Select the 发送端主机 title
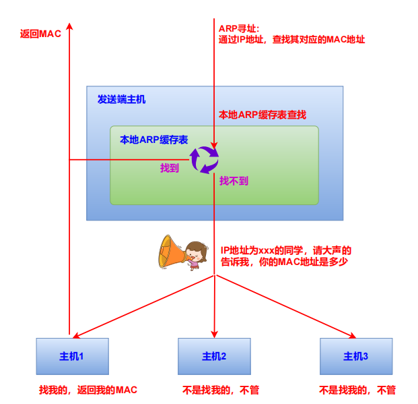point(121,99)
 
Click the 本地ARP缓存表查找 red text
point(263,115)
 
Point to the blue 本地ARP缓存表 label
point(153,140)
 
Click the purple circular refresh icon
point(204,161)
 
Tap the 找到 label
point(170,168)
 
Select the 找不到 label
point(234,181)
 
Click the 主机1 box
point(71,356)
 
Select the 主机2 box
point(214,356)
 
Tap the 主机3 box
point(355,356)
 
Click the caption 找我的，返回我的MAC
point(88,390)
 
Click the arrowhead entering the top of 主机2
point(214,334)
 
